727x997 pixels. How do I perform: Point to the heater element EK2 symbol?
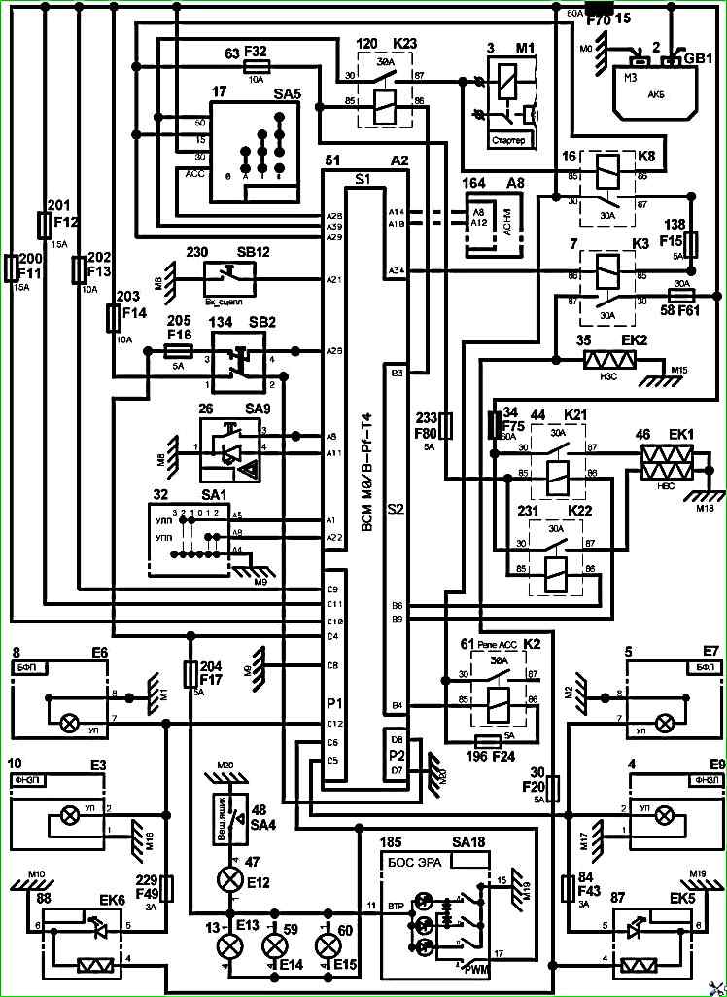point(609,360)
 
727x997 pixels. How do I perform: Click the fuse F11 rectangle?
point(11,267)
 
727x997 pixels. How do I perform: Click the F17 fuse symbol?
point(191,673)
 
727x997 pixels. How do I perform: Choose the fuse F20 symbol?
point(553,788)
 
